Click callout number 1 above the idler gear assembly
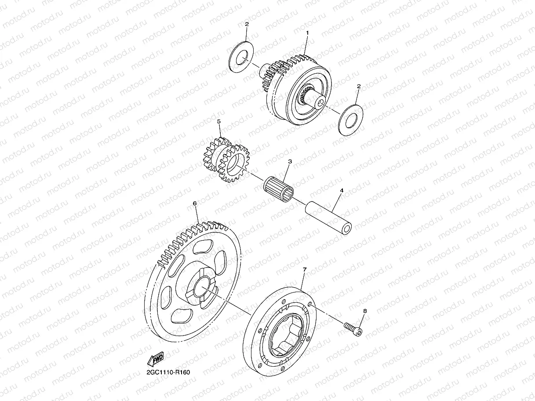pyautogui.click(x=308, y=33)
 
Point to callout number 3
pyautogui.click(x=290, y=162)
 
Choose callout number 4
pyautogui.click(x=341, y=191)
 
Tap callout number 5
pyautogui.click(x=219, y=120)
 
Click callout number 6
pyautogui.click(x=194, y=204)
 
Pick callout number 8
pyautogui.click(x=364, y=311)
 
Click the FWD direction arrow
pyautogui.click(x=156, y=359)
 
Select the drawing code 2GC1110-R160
pyautogui.click(x=168, y=372)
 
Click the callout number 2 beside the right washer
pyautogui.click(x=359, y=87)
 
